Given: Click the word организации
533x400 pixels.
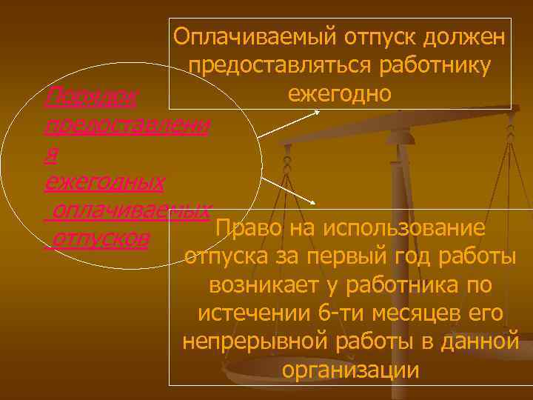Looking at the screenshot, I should tap(350, 370).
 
